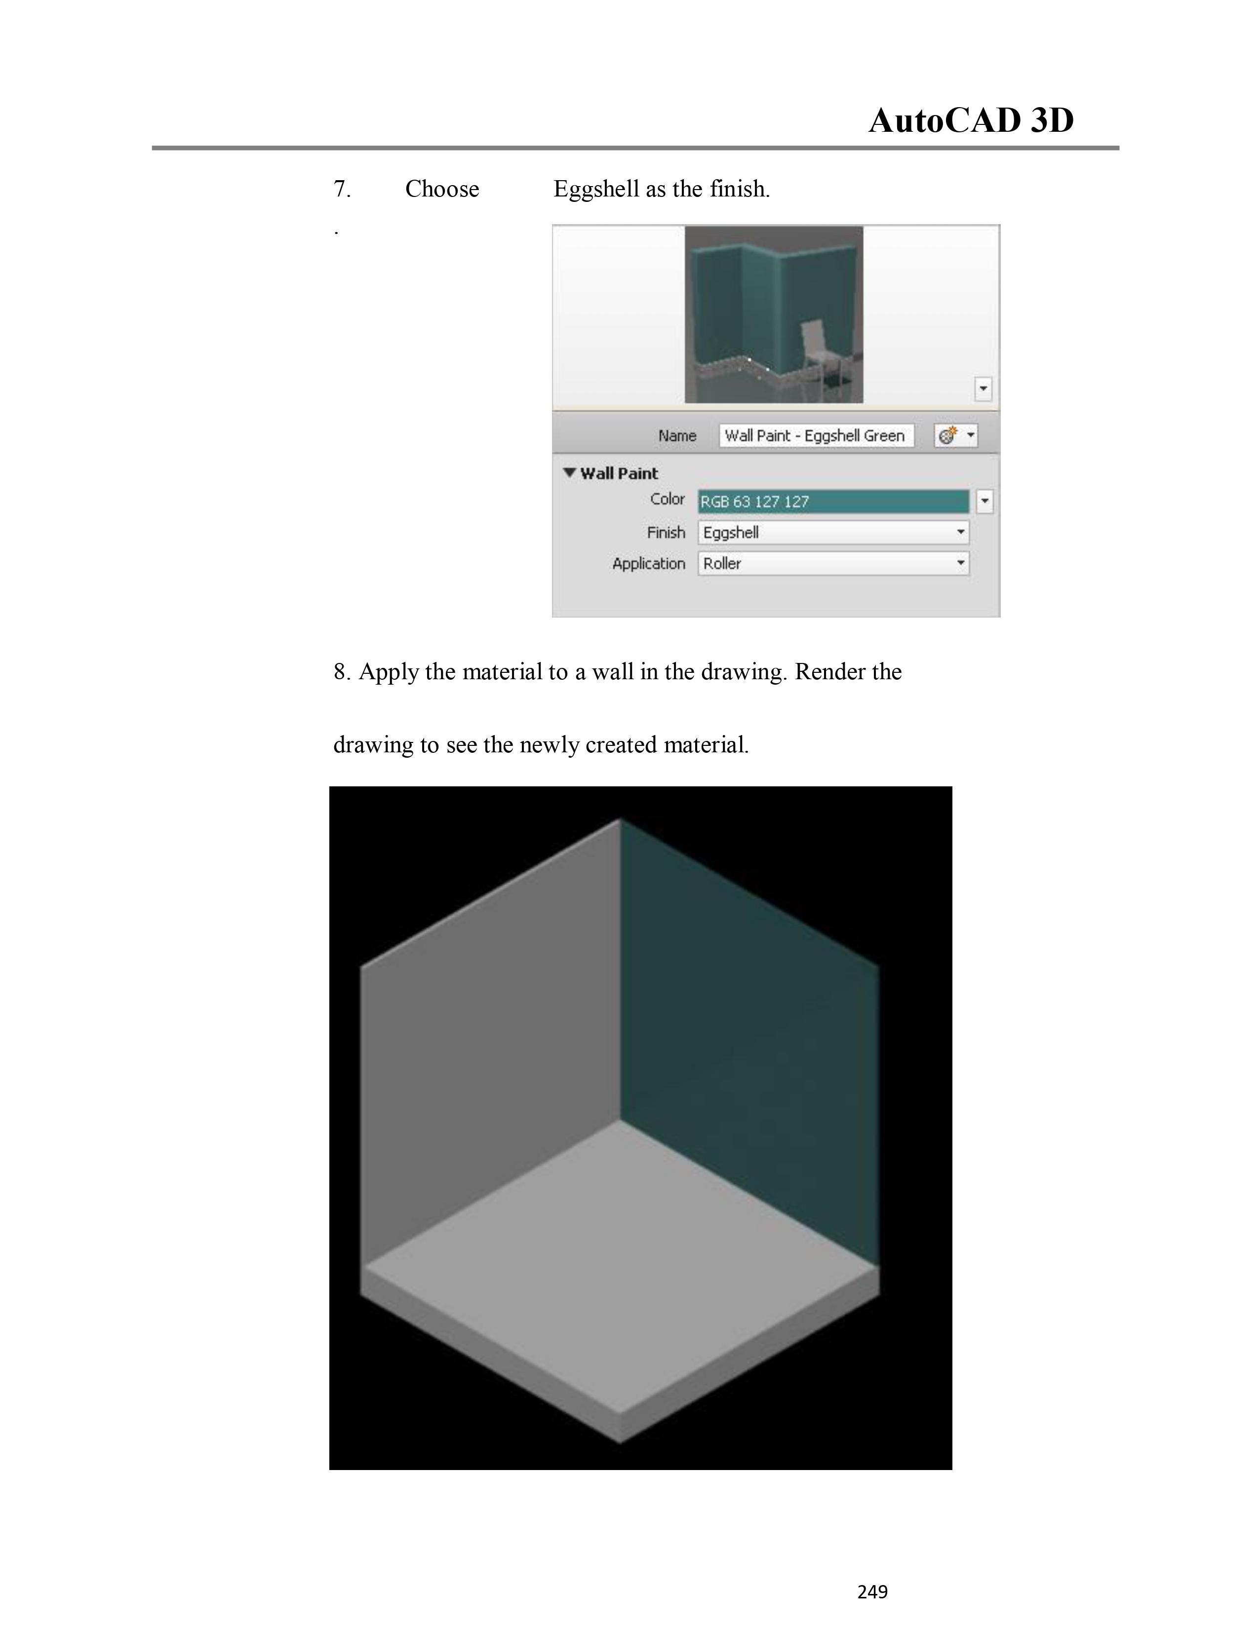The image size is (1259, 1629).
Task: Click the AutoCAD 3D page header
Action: [971, 121]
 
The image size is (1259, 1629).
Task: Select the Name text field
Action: [816, 435]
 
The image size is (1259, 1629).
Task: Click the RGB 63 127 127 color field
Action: [833, 501]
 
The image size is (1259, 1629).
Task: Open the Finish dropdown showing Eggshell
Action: [833, 533]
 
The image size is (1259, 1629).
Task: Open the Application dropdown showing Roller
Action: [833, 563]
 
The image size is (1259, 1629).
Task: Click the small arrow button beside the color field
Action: [984, 501]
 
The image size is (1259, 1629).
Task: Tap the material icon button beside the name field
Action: [955, 435]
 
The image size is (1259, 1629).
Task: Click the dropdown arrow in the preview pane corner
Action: [983, 388]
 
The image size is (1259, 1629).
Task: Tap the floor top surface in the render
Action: [620, 1267]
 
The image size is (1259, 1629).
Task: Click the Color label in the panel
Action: [668, 499]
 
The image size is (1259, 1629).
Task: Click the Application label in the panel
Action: [649, 564]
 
